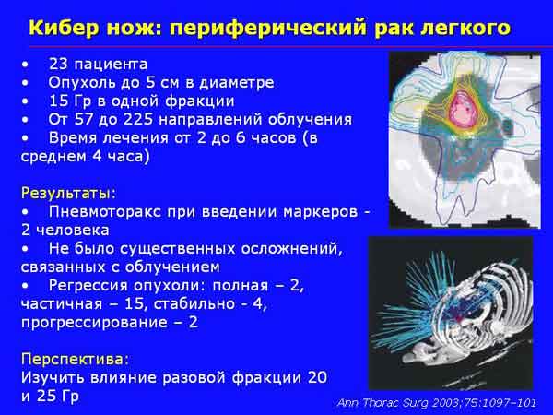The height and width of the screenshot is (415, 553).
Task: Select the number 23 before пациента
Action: click(x=59, y=65)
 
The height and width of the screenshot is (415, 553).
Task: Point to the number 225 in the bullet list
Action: click(x=138, y=119)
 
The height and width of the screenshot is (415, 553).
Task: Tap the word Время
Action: click(x=74, y=138)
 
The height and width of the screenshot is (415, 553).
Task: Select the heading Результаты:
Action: click(x=69, y=194)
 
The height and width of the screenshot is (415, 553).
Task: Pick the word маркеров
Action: click(x=321, y=212)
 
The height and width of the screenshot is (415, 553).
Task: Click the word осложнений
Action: click(x=291, y=249)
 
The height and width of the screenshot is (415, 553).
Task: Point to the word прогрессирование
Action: click(x=94, y=323)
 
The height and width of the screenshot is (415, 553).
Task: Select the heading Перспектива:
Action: click(x=76, y=360)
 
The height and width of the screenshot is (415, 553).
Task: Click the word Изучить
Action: click(x=53, y=377)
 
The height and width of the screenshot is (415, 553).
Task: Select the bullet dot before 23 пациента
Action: click(x=25, y=65)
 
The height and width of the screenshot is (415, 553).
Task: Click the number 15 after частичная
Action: click(x=134, y=303)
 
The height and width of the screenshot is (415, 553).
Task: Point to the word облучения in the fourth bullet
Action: click(x=310, y=120)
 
